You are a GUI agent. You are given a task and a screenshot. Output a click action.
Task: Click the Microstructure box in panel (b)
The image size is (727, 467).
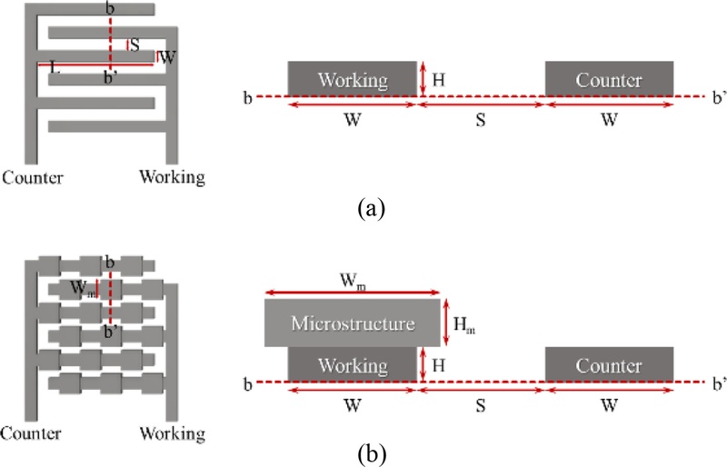coord(353,323)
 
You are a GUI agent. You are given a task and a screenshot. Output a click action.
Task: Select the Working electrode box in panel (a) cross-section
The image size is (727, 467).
coord(352,79)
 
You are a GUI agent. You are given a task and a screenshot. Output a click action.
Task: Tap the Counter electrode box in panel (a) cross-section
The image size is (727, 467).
coord(609,79)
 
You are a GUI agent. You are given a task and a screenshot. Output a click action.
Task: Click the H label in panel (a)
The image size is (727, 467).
coord(439,80)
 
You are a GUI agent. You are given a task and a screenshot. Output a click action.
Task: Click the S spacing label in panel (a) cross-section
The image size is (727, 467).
coord(481,118)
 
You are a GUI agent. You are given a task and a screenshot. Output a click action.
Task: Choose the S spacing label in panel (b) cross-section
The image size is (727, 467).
coord(481,404)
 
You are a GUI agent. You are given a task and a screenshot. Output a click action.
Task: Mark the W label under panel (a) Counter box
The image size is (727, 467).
coord(609,118)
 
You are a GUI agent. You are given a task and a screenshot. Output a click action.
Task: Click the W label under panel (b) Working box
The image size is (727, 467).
coord(352,404)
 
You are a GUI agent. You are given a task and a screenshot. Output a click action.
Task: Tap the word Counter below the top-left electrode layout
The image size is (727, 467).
coord(34,176)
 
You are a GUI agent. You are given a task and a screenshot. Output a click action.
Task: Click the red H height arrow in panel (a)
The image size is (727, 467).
coord(423,79)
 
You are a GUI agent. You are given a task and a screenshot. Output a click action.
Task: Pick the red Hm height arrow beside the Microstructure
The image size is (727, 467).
coord(447,324)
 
